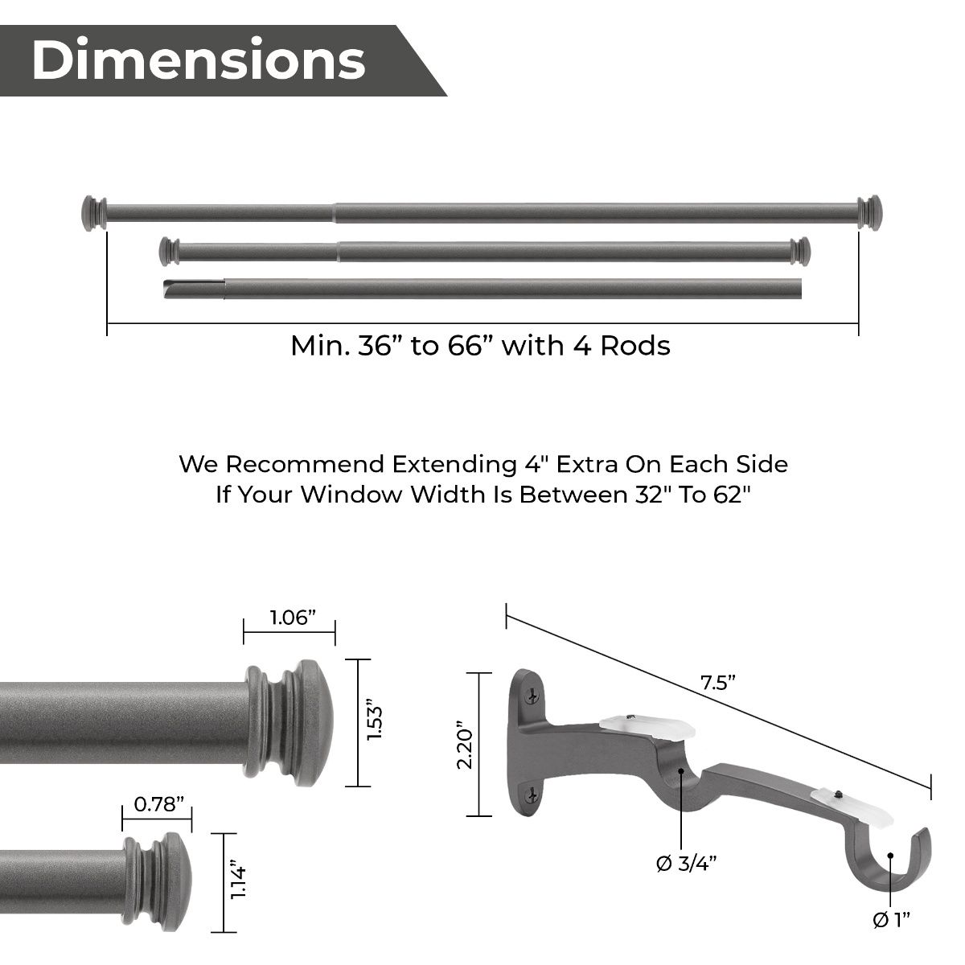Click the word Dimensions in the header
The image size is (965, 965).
pos(198,60)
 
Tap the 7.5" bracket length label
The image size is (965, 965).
pos(718,684)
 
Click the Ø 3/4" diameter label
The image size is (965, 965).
pos(686,864)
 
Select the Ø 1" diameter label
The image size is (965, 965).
pos(891,919)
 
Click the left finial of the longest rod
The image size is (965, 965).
pos(94,213)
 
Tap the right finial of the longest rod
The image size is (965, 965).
pos(869,212)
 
